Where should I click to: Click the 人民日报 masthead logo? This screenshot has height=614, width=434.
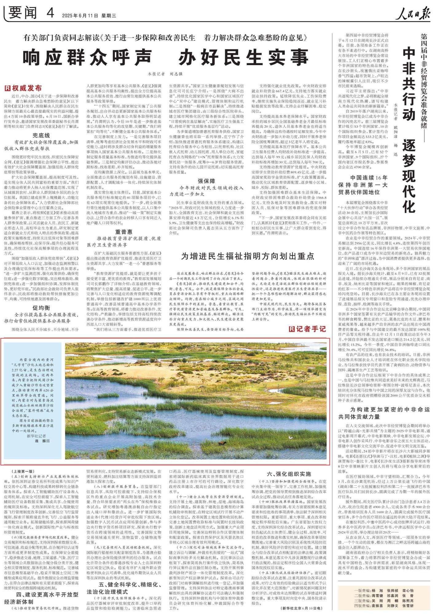tap(412, 14)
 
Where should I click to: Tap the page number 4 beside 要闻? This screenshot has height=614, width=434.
tap(50, 13)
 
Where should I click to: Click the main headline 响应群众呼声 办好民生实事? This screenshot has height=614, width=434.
tap(166, 57)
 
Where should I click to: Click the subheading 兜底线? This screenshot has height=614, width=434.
tap(41, 135)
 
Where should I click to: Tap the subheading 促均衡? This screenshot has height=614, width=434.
tap(41, 308)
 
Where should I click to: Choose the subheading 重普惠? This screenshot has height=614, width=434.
tap(124, 232)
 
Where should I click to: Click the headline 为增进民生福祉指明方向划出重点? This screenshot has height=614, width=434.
tap(248, 256)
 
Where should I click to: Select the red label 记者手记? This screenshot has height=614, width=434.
tap(307, 329)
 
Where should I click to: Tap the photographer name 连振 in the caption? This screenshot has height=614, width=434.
tap(42, 441)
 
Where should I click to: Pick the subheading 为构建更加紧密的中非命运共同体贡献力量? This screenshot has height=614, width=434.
tap(384, 413)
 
